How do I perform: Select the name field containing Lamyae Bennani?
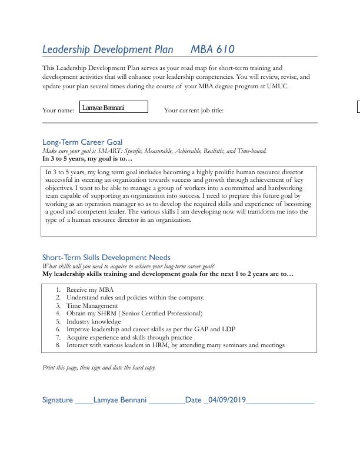pyautogui.click(x=115, y=107)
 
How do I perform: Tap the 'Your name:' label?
pyautogui.click(x=58, y=110)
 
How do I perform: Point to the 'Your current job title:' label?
pyautogui.click(x=194, y=110)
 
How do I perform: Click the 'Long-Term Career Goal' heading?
pyautogui.click(x=82, y=142)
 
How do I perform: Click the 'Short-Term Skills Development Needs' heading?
pyautogui.click(x=106, y=257)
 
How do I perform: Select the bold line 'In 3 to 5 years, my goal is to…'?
pyautogui.click(x=88, y=158)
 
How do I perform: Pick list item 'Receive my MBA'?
pyautogui.click(x=90, y=289)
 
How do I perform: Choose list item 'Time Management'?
pyautogui.click(x=92, y=305)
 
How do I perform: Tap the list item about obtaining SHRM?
pyautogui.click(x=134, y=314)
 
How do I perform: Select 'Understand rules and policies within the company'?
pyautogui.click(x=135, y=298)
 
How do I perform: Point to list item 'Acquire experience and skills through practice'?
pyautogui.click(x=129, y=337)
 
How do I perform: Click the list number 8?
pyautogui.click(x=58, y=345)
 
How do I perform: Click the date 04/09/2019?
pyautogui.click(x=226, y=400)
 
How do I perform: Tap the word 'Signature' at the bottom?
pyautogui.click(x=58, y=400)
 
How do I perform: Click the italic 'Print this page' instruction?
pyautogui.click(x=99, y=367)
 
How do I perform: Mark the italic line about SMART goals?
pyautogui.click(x=154, y=151)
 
